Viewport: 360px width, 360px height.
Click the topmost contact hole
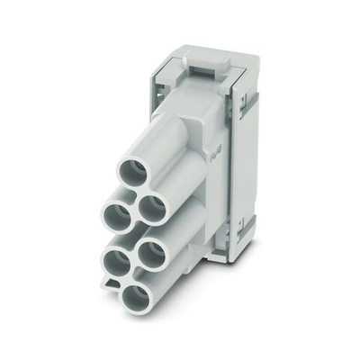coord(133,172)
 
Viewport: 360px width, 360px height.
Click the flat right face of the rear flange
coord(251,162)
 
